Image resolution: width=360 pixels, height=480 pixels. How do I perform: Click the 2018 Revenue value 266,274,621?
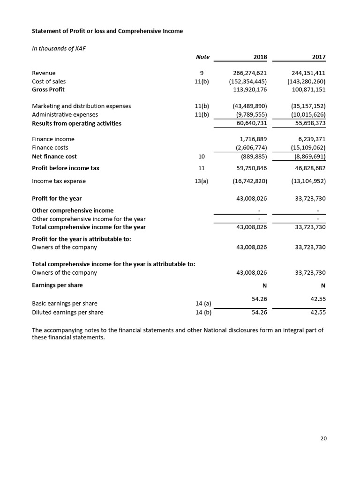point(250,73)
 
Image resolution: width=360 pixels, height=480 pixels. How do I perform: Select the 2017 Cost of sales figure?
point(307,81)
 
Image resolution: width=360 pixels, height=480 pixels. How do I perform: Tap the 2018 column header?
point(260,57)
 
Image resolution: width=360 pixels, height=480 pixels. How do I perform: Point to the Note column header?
point(202,57)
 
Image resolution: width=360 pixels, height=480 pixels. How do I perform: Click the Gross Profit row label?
point(48,89)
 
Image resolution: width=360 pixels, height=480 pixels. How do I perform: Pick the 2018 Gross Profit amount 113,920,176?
point(250,89)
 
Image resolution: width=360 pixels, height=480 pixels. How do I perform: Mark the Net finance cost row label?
point(54,156)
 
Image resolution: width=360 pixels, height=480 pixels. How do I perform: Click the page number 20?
point(323,438)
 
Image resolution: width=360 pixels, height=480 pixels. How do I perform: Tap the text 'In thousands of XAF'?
point(58,48)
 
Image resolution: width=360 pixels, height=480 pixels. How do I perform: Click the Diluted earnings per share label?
point(67,312)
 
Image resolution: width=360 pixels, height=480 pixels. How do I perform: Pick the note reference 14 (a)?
point(202,303)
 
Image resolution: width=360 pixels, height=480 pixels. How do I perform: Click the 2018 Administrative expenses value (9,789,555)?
point(251,114)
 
